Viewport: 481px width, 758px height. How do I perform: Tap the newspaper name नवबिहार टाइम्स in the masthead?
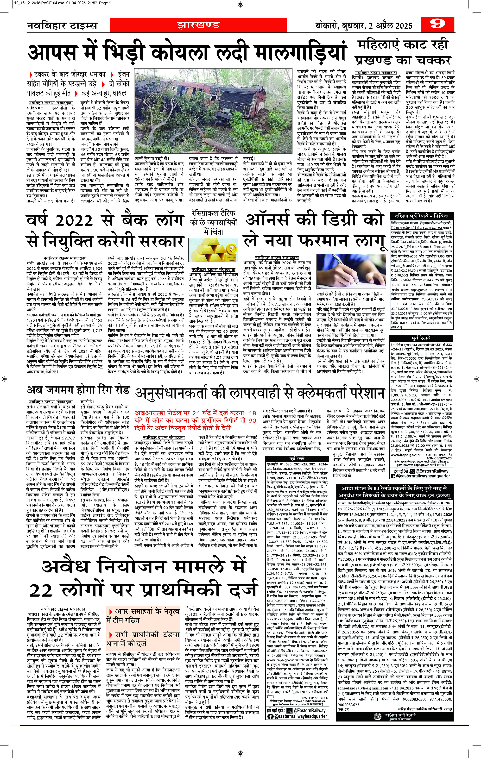pyautogui.click(x=62, y=25)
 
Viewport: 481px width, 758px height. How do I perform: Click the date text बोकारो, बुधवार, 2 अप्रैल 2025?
pyautogui.click(x=364, y=26)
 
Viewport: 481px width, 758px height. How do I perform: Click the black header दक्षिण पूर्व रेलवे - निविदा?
pyautogui.click(x=421, y=216)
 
